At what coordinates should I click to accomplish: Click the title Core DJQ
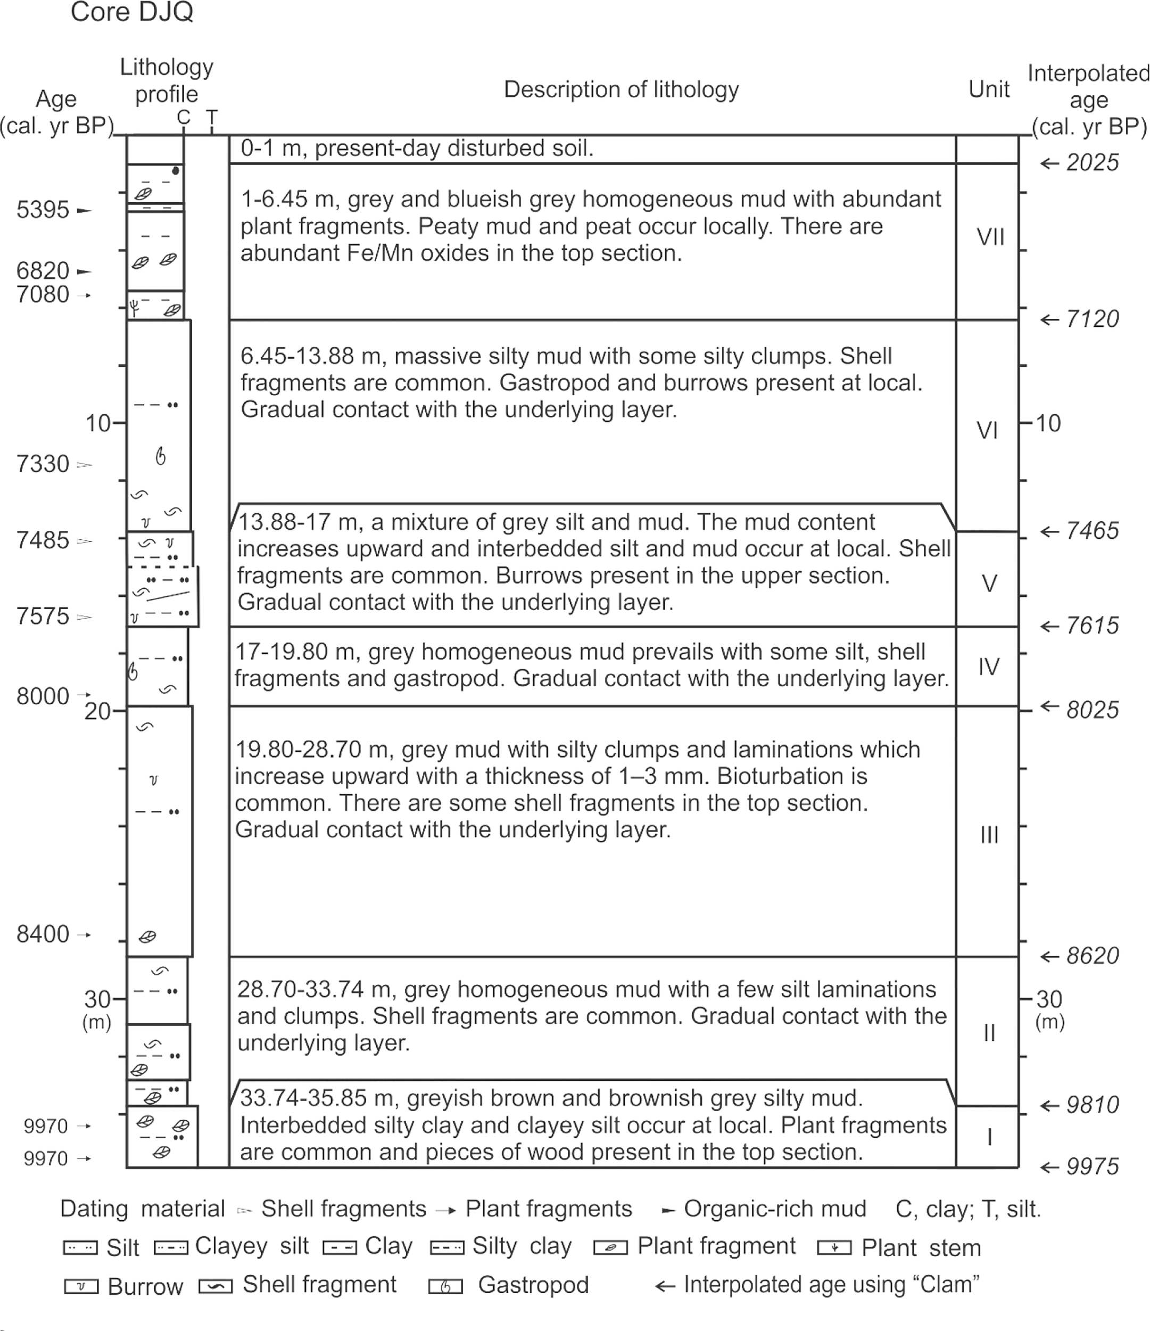[x=131, y=13]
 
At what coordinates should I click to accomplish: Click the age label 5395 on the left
[x=43, y=210]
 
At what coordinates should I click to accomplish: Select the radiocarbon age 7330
[x=43, y=464]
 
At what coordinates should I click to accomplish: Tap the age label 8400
[x=43, y=934]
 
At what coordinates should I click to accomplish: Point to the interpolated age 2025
[x=1092, y=163]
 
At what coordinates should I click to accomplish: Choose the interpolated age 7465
[x=1092, y=531]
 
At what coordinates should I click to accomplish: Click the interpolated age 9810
[x=1092, y=1105]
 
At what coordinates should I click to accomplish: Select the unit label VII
[x=990, y=237]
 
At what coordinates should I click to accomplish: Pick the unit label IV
[x=989, y=667]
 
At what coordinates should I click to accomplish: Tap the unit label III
[x=989, y=835]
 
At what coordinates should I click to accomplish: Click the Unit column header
[x=989, y=89]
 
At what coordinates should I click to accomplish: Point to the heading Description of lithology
[x=621, y=90]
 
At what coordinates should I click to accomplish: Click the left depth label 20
[x=97, y=711]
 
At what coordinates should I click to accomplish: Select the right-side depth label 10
[x=1048, y=423]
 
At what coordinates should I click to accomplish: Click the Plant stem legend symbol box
[x=834, y=1248]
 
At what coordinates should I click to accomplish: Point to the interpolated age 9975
[x=1092, y=1166]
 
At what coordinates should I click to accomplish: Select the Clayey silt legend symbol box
[x=171, y=1248]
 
